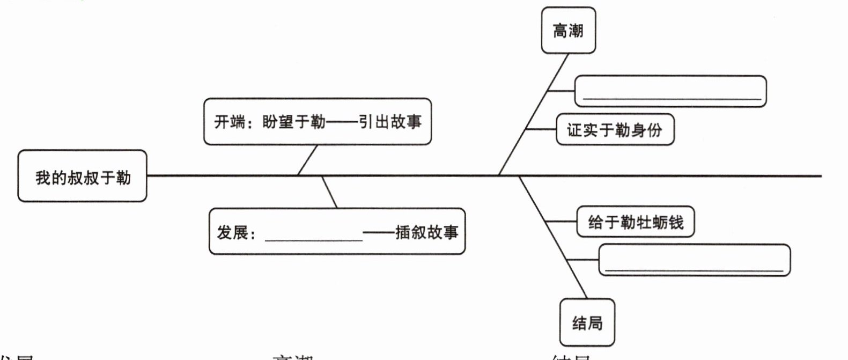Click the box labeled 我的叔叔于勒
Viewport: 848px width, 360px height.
point(82,176)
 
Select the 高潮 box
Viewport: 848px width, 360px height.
point(568,31)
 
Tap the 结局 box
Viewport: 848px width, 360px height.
point(587,322)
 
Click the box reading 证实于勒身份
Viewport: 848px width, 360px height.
point(615,129)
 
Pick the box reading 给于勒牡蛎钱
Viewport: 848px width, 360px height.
point(635,222)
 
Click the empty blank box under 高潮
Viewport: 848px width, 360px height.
point(670,91)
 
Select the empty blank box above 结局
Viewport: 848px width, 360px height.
point(694,260)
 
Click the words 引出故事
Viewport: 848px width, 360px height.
point(390,122)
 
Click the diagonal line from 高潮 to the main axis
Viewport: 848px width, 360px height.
point(534,114)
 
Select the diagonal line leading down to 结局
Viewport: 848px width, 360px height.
point(552,236)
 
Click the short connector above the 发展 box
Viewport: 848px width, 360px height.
point(329,192)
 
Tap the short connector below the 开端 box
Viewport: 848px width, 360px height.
point(307,160)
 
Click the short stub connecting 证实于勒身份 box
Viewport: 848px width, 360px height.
point(541,129)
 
